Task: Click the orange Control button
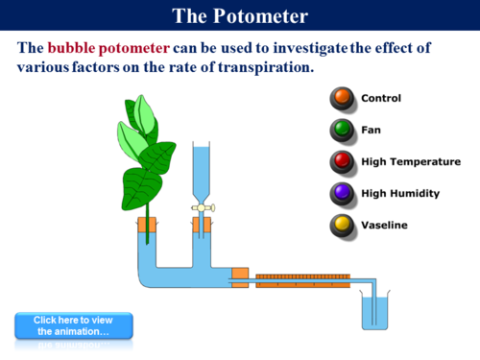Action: pyautogui.click(x=341, y=98)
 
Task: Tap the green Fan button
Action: pyautogui.click(x=341, y=130)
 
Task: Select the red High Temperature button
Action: pyautogui.click(x=341, y=161)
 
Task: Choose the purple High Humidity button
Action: pyautogui.click(x=341, y=193)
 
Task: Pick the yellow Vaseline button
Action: pyautogui.click(x=341, y=225)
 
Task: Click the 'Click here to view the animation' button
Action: pyautogui.click(x=73, y=325)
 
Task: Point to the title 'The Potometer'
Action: pyautogui.click(x=240, y=16)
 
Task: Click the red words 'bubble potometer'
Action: pyautogui.click(x=108, y=49)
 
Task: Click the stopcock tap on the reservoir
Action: pyautogui.click(x=202, y=206)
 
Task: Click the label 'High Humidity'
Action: pyautogui.click(x=400, y=193)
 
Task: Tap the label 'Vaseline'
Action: pyautogui.click(x=384, y=225)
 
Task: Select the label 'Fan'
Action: pyautogui.click(x=371, y=130)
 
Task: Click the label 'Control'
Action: pyautogui.click(x=381, y=98)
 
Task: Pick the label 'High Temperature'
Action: pyautogui.click(x=411, y=161)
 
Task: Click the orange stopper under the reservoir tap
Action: pyautogui.click(x=202, y=228)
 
